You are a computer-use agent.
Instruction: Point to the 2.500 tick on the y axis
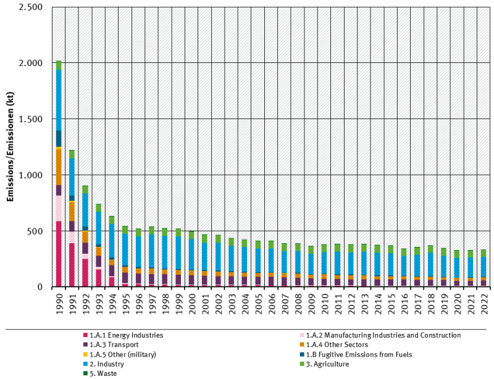pos(30,7)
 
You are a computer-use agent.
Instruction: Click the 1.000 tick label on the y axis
pos(30,175)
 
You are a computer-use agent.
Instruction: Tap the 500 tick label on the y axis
pos(35,231)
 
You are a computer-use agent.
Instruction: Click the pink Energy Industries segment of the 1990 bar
pos(59,253)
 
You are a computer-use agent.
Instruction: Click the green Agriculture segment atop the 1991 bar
pos(72,154)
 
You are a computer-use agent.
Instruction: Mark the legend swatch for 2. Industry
pos(86,364)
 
